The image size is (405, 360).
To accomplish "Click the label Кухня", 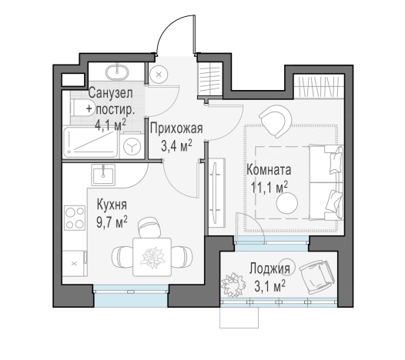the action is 112,205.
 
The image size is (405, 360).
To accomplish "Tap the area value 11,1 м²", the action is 269,187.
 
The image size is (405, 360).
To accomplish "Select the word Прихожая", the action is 176,128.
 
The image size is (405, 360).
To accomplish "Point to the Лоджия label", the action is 269,268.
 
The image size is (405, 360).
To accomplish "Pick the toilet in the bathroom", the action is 78,108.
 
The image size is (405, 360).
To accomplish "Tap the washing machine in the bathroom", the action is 132,148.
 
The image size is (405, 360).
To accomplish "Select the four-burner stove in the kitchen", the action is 75,218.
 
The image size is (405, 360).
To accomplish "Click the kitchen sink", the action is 103,175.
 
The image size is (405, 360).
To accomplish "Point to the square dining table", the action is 152,257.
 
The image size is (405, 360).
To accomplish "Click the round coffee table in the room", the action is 286,203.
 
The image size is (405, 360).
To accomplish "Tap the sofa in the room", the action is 326,182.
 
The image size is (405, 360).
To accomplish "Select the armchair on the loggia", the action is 316,276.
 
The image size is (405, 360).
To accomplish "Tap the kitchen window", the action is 131,295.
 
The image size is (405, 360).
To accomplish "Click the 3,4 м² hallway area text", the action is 176,146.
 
